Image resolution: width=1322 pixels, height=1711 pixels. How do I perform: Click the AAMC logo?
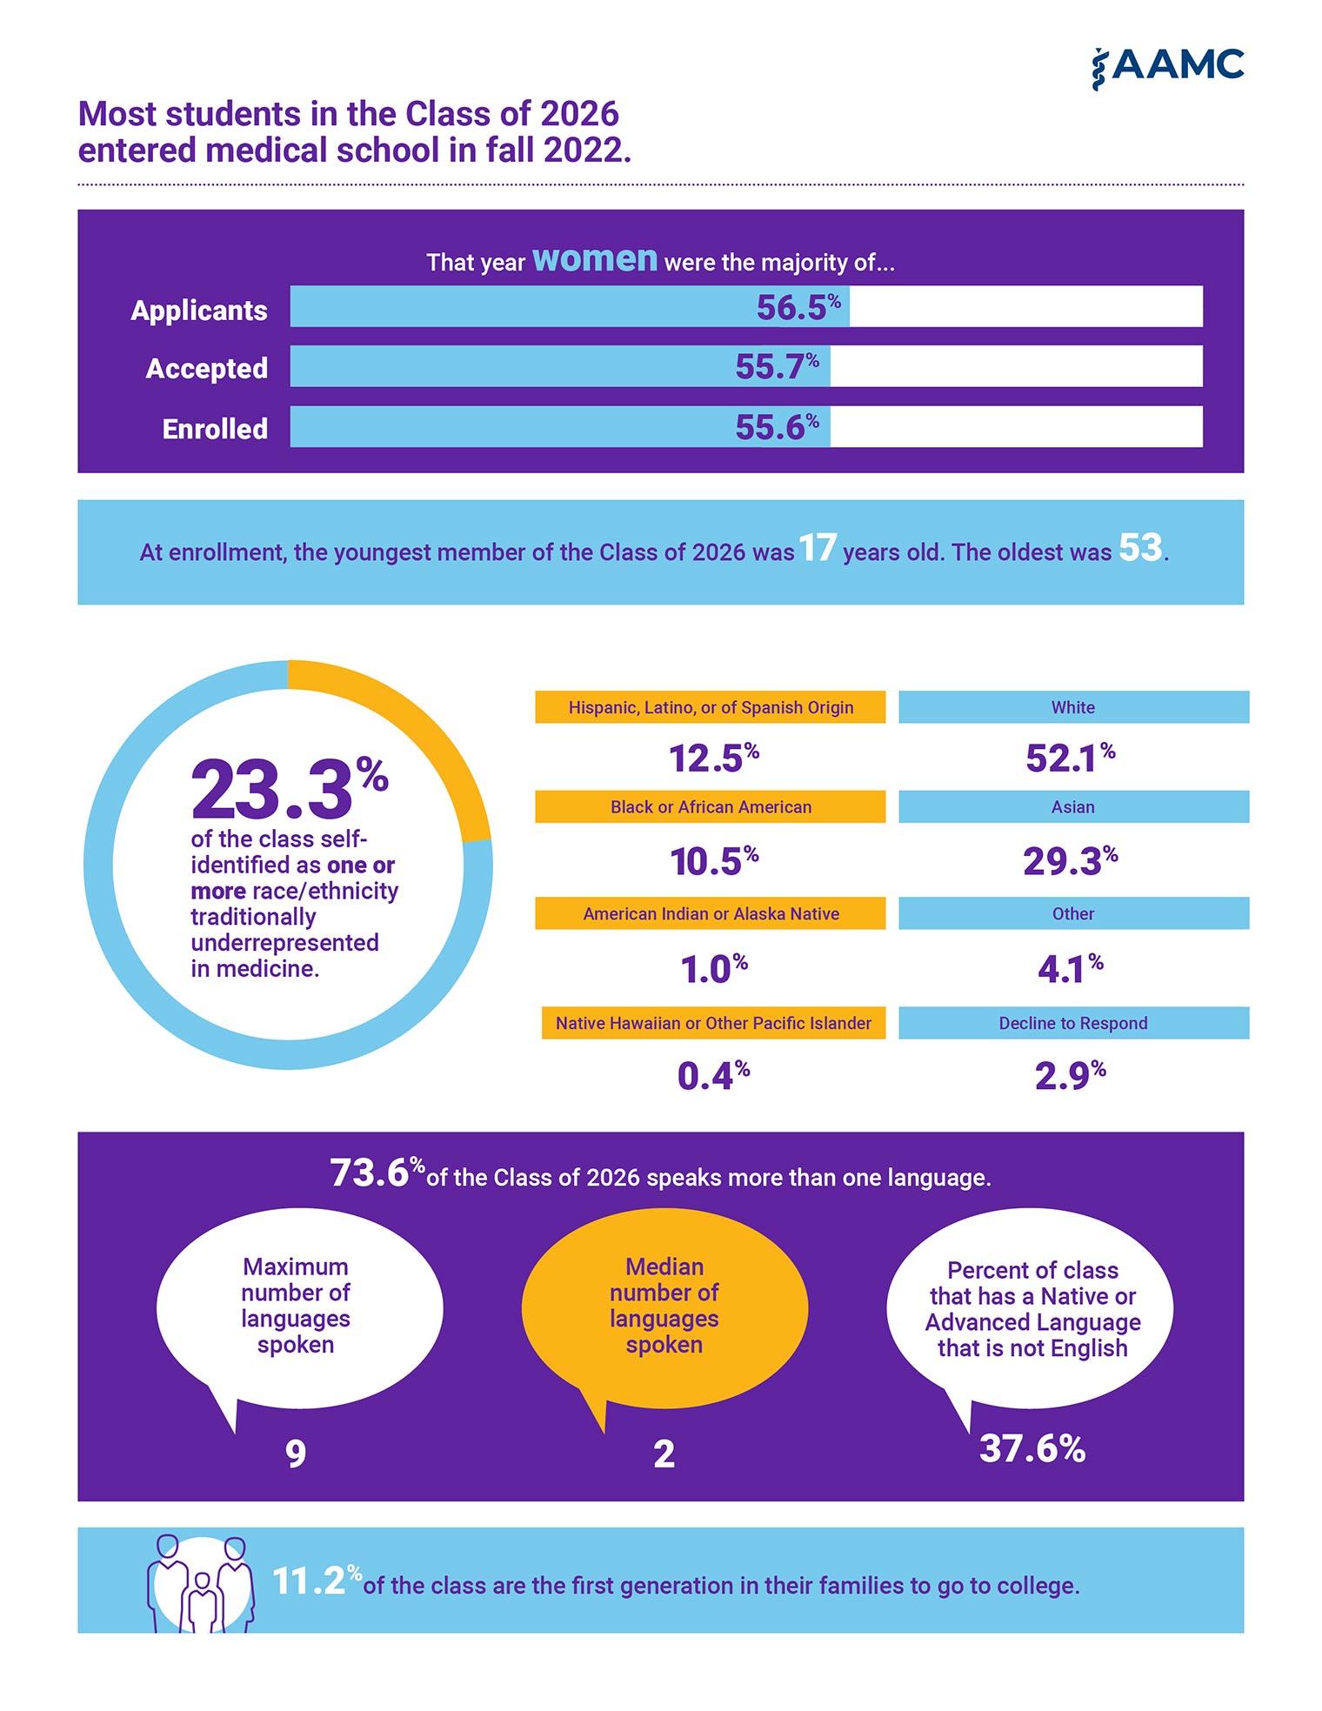[1167, 68]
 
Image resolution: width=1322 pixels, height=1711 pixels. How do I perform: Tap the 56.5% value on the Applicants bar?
[798, 307]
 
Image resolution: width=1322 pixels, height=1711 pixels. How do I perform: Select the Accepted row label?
[207, 369]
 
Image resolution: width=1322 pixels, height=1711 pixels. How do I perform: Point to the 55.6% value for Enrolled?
[777, 426]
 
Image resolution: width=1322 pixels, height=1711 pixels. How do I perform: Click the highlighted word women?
[595, 259]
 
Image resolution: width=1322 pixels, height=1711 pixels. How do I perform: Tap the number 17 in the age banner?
[818, 548]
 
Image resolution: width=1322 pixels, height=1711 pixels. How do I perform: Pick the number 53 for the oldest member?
[1140, 548]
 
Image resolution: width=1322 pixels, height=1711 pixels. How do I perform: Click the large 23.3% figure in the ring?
[289, 789]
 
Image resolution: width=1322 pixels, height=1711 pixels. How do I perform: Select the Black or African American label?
[711, 806]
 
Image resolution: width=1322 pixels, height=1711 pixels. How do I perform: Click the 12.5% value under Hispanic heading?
[714, 758]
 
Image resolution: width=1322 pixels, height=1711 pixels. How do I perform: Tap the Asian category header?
[1073, 806]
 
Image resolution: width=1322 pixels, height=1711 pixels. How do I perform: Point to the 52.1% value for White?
[1071, 758]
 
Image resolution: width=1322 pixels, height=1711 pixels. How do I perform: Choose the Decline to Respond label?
[1073, 1023]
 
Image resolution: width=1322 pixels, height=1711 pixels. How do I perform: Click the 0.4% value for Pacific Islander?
[714, 1076]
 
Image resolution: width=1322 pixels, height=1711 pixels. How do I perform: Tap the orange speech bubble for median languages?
[664, 1309]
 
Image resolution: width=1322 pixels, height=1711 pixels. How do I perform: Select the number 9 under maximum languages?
[296, 1454]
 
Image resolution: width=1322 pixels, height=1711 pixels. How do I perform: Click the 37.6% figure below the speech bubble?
[1032, 1448]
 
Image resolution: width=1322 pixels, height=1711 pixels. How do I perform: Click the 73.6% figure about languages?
[377, 1173]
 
